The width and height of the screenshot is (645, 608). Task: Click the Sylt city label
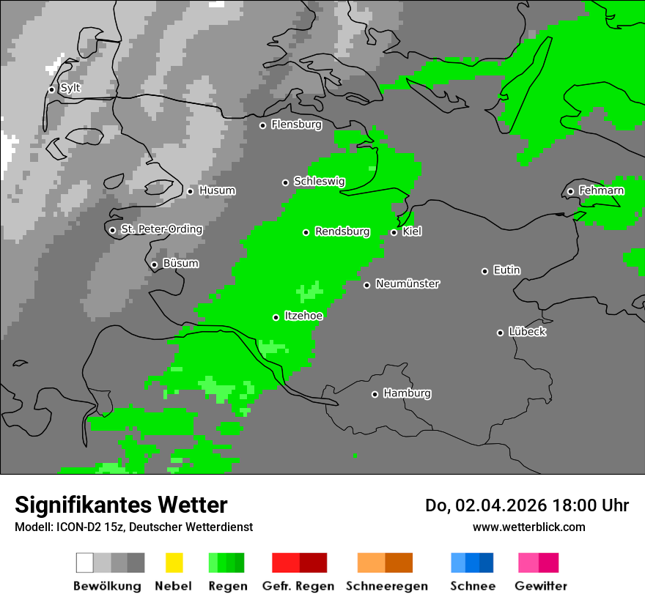pos(70,89)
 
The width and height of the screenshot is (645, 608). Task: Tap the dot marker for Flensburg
pos(262,125)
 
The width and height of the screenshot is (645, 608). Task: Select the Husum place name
pos(217,191)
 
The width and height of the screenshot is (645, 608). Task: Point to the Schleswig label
pos(319,182)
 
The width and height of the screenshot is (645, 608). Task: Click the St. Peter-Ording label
pos(161,229)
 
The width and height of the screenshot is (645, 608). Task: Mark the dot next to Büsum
pos(154,264)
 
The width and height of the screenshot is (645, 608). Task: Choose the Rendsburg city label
pos(342,232)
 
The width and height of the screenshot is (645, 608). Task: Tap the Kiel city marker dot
pos(394,232)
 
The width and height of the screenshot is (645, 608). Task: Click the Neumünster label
pos(408,284)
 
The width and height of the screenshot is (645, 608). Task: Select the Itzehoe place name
pos(303,316)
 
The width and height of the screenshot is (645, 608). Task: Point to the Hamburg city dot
pos(375,394)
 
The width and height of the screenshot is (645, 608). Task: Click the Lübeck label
pos(527,332)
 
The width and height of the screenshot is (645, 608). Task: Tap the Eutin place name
pos(506,270)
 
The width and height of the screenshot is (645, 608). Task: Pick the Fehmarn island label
pos(601,191)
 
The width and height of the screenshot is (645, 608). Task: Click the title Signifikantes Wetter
pos(121,505)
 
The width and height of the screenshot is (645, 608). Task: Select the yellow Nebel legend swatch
pos(174,563)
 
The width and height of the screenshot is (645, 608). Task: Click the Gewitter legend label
pos(541,586)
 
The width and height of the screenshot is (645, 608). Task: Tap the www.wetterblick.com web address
pos(528,527)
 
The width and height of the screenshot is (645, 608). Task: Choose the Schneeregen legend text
pos(387,586)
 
